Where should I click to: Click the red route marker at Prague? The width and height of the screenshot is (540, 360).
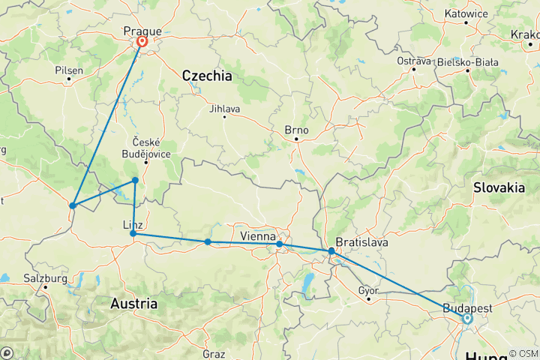point(141,43)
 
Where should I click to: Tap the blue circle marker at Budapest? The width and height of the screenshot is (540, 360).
point(467,318)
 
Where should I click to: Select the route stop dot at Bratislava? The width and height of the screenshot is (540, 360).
point(331,251)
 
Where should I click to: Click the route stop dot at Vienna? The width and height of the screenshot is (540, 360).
point(279,244)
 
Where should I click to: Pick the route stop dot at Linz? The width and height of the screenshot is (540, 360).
point(133,234)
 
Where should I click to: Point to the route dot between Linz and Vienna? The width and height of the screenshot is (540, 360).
point(208,241)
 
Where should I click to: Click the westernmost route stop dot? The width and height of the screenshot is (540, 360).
point(73,205)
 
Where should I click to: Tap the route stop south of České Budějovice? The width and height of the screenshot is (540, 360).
point(135,180)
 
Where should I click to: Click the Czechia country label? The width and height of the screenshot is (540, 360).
point(207,76)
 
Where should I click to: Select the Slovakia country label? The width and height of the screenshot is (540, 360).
point(499,188)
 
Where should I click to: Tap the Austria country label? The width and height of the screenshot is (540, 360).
point(133,304)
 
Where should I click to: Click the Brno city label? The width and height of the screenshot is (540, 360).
point(296,130)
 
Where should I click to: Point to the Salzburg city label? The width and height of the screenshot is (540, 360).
point(46,278)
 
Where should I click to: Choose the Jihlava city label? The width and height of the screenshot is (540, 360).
point(224,109)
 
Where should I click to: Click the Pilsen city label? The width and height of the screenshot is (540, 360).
point(69,70)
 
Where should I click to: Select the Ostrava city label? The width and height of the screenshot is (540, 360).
point(414,61)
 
